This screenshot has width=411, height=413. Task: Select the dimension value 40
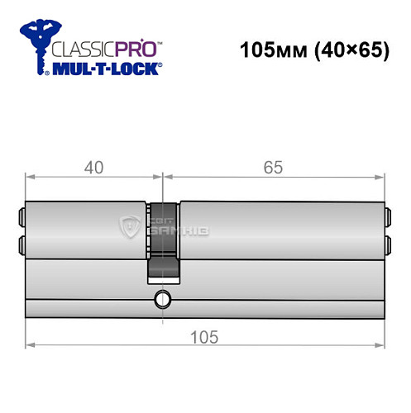pyautogui.click(x=93, y=167)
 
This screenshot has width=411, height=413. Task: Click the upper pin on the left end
pyautogui.click(x=21, y=219)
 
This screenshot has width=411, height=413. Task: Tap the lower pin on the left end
pyautogui.click(x=21, y=244)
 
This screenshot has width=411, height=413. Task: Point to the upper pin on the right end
pyautogui.click(x=387, y=219)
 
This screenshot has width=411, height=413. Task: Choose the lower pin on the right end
pyautogui.click(x=387, y=244)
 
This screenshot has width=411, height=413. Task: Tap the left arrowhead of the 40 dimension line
pyautogui.click(x=30, y=177)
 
